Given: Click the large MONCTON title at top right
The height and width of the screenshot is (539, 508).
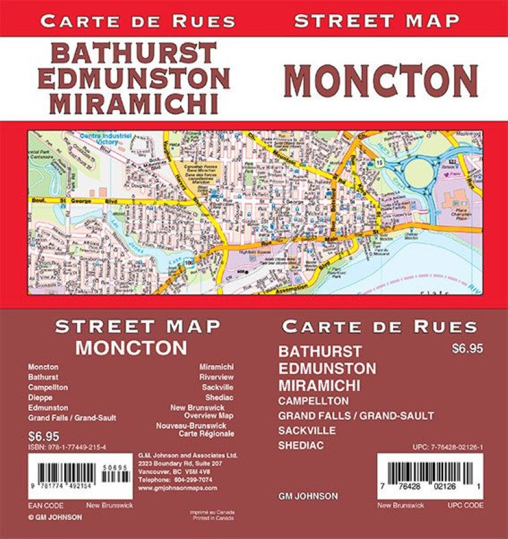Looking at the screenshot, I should click(x=384, y=80).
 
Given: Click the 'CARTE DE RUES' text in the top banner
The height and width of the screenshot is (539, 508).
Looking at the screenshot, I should click(x=138, y=21).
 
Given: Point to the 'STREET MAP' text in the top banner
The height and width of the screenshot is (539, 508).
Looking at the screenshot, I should click(x=377, y=20).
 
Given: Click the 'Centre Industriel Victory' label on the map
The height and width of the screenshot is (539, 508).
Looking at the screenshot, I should click(x=105, y=138).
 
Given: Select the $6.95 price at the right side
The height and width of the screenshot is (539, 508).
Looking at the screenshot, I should click(x=464, y=348).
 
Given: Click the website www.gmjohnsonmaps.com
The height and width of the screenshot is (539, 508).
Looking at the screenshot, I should click(x=177, y=488).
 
